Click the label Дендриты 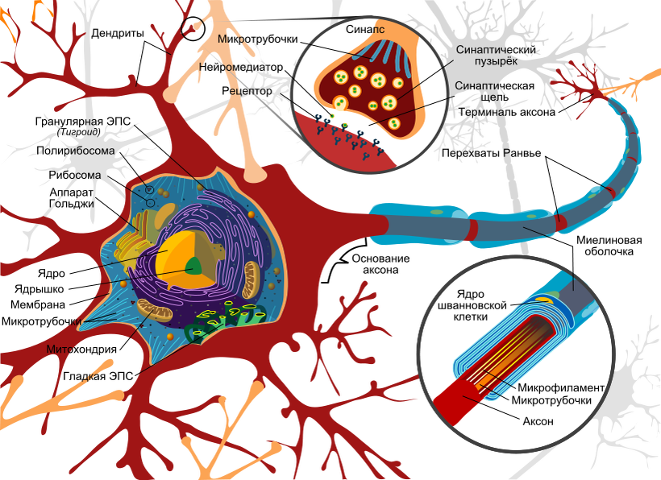pyautogui.click(x=118, y=33)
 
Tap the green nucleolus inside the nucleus pyautogui.click(x=194, y=266)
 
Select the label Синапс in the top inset pyautogui.click(x=365, y=29)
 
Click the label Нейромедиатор pyautogui.click(x=241, y=68)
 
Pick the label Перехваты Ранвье pyautogui.click(x=491, y=153)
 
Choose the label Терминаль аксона pyautogui.click(x=507, y=112)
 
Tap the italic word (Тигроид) pyautogui.click(x=78, y=132)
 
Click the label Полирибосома pyautogui.click(x=76, y=151)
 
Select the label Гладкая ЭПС pyautogui.click(x=98, y=376)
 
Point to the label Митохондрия pyautogui.click(x=81, y=349)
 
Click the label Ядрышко pyautogui.click(x=39, y=289)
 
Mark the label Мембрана pyautogui.click(x=38, y=304)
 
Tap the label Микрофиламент pyautogui.click(x=561, y=388)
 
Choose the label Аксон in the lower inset pyautogui.click(x=538, y=421)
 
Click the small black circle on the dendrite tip pyautogui.click(x=193, y=29)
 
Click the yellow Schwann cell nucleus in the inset pyautogui.click(x=544, y=300)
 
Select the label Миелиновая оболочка pyautogui.click(x=609, y=246)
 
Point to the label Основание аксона pyautogui.click(x=380, y=264)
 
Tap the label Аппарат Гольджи pyautogui.click(x=72, y=198)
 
